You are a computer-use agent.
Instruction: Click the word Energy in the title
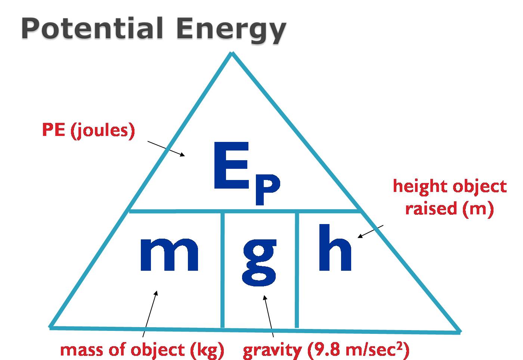tap(231, 30)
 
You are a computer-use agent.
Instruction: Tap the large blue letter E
tap(231, 165)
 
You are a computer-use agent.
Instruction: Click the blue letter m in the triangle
tap(169, 254)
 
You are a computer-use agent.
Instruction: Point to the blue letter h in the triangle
tap(335, 248)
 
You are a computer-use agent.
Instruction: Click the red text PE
tap(53, 130)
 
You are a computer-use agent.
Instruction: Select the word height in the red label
tap(421, 187)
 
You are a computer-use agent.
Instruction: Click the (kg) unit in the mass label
tap(207, 351)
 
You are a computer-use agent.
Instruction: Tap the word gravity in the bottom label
tap(272, 351)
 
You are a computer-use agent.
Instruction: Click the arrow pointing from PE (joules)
tap(166, 149)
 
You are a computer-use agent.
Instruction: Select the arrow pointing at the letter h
tap(371, 232)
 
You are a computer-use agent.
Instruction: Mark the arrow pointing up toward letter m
tap(150, 314)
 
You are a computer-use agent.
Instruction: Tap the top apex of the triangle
tap(232, 53)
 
